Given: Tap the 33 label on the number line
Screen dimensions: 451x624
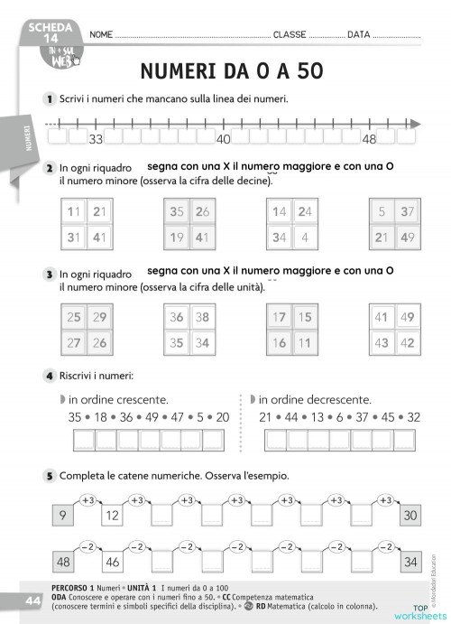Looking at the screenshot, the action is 96,139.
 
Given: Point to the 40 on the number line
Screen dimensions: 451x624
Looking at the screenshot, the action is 223,139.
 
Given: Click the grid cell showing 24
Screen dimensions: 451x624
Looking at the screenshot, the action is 305,213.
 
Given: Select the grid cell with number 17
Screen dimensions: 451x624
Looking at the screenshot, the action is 280,317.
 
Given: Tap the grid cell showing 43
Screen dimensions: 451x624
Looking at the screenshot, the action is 382,343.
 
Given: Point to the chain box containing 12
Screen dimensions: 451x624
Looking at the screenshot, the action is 113,517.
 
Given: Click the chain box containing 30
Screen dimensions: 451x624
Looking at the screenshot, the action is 410,517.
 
